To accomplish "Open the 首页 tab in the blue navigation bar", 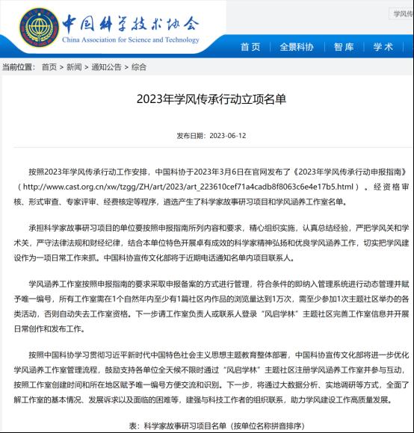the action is (x=250, y=46).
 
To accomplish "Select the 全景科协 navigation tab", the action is (x=296, y=46).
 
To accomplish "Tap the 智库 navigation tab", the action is (x=344, y=46).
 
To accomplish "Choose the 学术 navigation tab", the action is (x=383, y=46).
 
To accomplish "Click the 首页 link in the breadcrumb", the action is (x=49, y=66).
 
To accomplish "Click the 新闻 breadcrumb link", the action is (x=74, y=66).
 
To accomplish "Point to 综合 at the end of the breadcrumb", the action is (x=139, y=66).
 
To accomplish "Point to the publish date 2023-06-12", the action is (x=228, y=136).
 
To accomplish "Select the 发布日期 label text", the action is (x=191, y=136).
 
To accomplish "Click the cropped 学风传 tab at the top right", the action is (x=402, y=14).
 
